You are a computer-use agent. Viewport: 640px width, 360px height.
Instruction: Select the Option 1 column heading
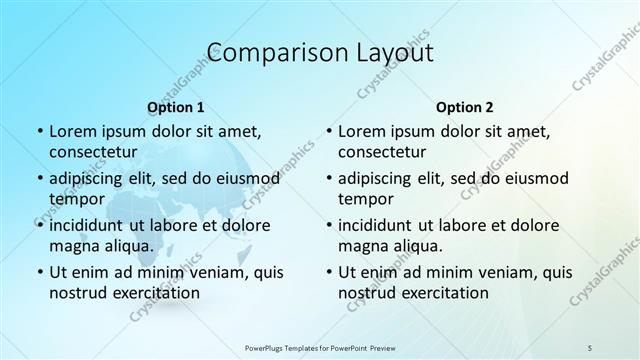(x=176, y=107)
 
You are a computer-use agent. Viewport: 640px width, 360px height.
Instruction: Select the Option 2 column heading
(x=465, y=107)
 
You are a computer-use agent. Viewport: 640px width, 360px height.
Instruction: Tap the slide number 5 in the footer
(x=589, y=347)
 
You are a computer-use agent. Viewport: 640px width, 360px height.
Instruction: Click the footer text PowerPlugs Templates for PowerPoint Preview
(x=319, y=347)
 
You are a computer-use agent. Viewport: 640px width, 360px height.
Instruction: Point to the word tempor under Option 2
(x=365, y=199)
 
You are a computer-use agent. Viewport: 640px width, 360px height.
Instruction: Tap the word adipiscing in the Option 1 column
(x=88, y=178)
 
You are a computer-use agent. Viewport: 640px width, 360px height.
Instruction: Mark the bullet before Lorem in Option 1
(x=40, y=132)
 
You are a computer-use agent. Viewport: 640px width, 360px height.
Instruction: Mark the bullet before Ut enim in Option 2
(x=329, y=272)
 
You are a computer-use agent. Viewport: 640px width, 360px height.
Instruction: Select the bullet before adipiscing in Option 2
(x=329, y=179)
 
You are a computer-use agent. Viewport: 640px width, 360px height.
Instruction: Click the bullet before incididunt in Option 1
(x=40, y=226)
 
